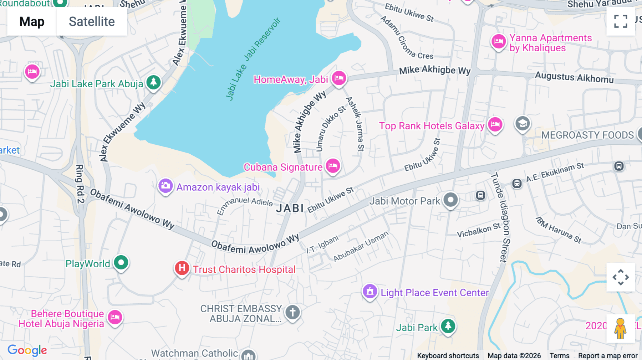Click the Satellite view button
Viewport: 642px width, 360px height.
pyautogui.click(x=92, y=22)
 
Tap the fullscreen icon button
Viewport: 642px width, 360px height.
pyautogui.click(x=621, y=21)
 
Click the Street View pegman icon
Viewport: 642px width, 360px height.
pyautogui.click(x=620, y=328)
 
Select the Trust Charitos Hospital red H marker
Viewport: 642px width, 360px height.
pyautogui.click(x=182, y=268)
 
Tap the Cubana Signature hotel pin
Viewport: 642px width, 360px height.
pyautogui.click(x=333, y=166)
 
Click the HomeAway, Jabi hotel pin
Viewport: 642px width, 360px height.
pyautogui.click(x=339, y=78)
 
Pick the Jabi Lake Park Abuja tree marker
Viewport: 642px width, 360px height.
pyautogui.click(x=154, y=82)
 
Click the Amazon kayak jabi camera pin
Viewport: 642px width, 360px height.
pyautogui.click(x=165, y=186)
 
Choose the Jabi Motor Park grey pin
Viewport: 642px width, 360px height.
pyautogui.click(x=450, y=200)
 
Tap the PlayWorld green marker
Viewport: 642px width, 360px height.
pyautogui.click(x=121, y=263)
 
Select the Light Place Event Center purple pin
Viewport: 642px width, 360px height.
pyautogui.click(x=370, y=292)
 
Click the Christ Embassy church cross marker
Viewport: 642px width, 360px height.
pyautogui.click(x=292, y=313)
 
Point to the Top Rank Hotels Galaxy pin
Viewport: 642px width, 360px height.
pyautogui.click(x=495, y=125)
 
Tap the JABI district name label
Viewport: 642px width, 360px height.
pyautogui.click(x=290, y=209)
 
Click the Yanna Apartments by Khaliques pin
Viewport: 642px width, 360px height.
pyautogui.click(x=498, y=41)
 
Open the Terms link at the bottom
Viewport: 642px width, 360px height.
pyautogui.click(x=559, y=355)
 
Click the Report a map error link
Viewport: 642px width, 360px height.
pyautogui.click(x=607, y=355)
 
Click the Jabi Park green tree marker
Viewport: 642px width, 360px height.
pyautogui.click(x=448, y=326)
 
